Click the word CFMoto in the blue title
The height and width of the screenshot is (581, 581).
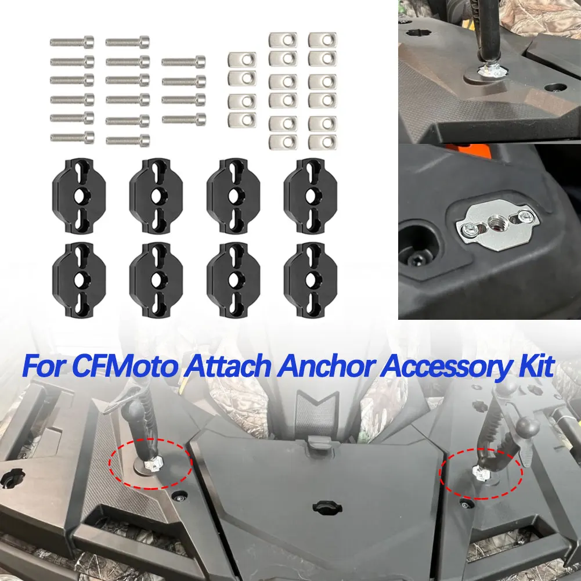[x=124, y=366]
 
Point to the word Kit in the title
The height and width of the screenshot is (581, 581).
[x=535, y=366]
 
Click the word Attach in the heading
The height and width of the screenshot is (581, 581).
[x=229, y=366]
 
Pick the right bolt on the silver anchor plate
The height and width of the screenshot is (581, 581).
[x=525, y=215]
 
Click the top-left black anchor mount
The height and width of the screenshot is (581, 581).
[x=80, y=196]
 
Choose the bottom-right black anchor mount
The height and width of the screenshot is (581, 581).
[x=311, y=280]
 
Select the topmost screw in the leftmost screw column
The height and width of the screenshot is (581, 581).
[x=72, y=42]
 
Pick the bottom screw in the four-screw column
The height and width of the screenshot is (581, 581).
[x=184, y=119]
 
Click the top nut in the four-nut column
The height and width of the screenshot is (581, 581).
[x=243, y=59]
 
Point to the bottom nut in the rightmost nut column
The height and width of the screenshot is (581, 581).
[x=322, y=142]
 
